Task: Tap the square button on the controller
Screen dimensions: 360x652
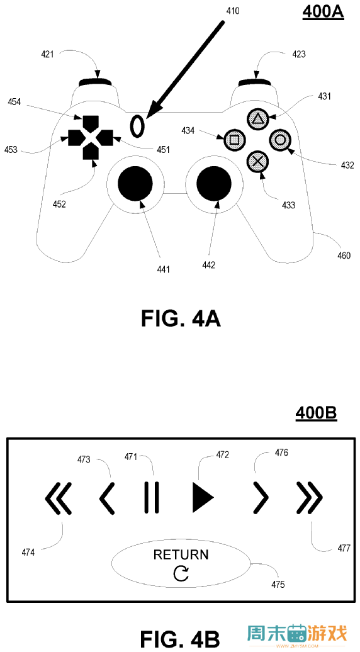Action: point(234,140)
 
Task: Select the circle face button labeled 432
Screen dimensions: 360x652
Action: point(281,139)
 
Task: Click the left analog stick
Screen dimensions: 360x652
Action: point(135,183)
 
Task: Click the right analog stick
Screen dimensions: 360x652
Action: point(214,183)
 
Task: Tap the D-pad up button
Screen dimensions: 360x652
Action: point(91,123)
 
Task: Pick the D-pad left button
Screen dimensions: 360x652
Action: point(76,137)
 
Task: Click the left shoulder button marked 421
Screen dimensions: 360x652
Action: point(95,82)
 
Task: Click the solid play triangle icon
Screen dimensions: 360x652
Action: point(203,497)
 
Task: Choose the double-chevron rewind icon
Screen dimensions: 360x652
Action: point(59,498)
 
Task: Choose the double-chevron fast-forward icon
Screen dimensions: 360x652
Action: point(310,498)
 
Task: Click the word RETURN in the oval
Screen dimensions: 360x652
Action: point(181,554)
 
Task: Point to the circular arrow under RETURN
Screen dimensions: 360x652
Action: point(181,574)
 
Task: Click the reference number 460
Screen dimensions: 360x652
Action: point(343,256)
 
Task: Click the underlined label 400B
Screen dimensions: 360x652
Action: point(317,413)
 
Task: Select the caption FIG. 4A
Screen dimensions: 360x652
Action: point(181,319)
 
